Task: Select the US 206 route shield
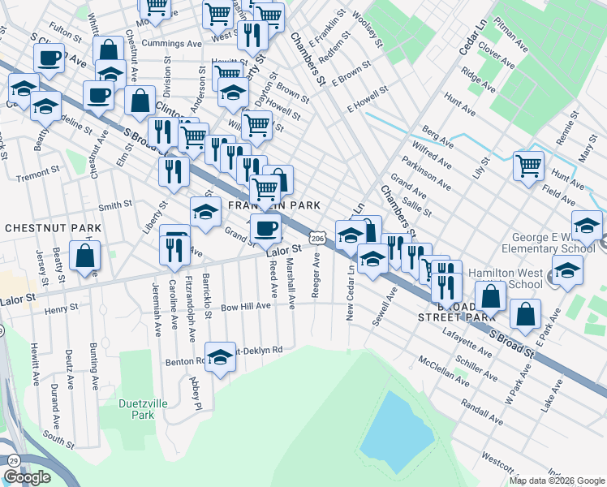(x=318, y=239)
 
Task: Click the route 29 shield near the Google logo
(x=14, y=461)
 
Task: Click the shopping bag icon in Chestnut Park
(x=85, y=256)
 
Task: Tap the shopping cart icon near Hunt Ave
(x=528, y=166)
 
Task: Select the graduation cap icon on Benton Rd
(x=220, y=358)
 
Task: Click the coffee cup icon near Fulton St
(x=49, y=58)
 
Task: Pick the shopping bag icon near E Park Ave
(x=526, y=317)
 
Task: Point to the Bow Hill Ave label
(x=245, y=307)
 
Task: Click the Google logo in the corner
(x=27, y=477)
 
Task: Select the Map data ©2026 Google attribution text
(x=557, y=481)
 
